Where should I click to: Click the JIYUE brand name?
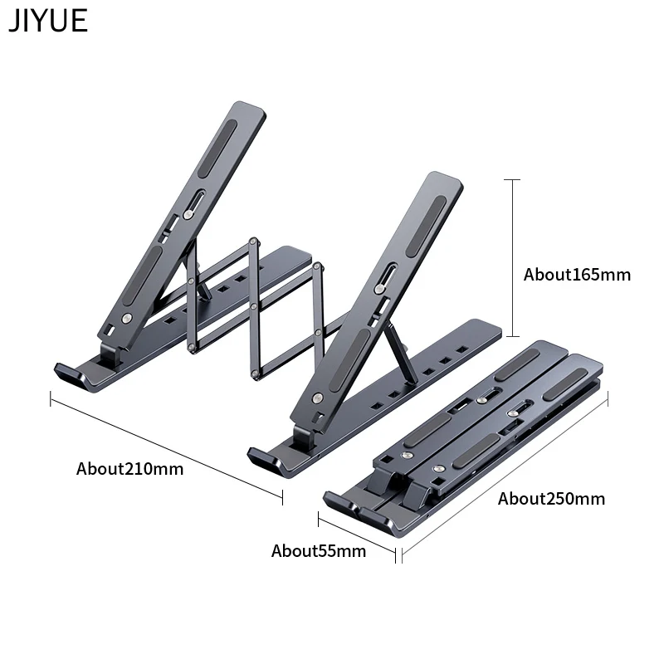click(x=48, y=20)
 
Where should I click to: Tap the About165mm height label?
click(x=577, y=275)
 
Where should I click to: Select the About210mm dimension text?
click(x=130, y=469)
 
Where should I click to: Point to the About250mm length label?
click(x=551, y=499)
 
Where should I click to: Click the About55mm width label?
click(x=319, y=551)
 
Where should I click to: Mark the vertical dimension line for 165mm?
click(x=513, y=258)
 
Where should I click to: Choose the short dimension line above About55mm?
click(x=357, y=537)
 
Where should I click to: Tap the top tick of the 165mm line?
click(x=512, y=179)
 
